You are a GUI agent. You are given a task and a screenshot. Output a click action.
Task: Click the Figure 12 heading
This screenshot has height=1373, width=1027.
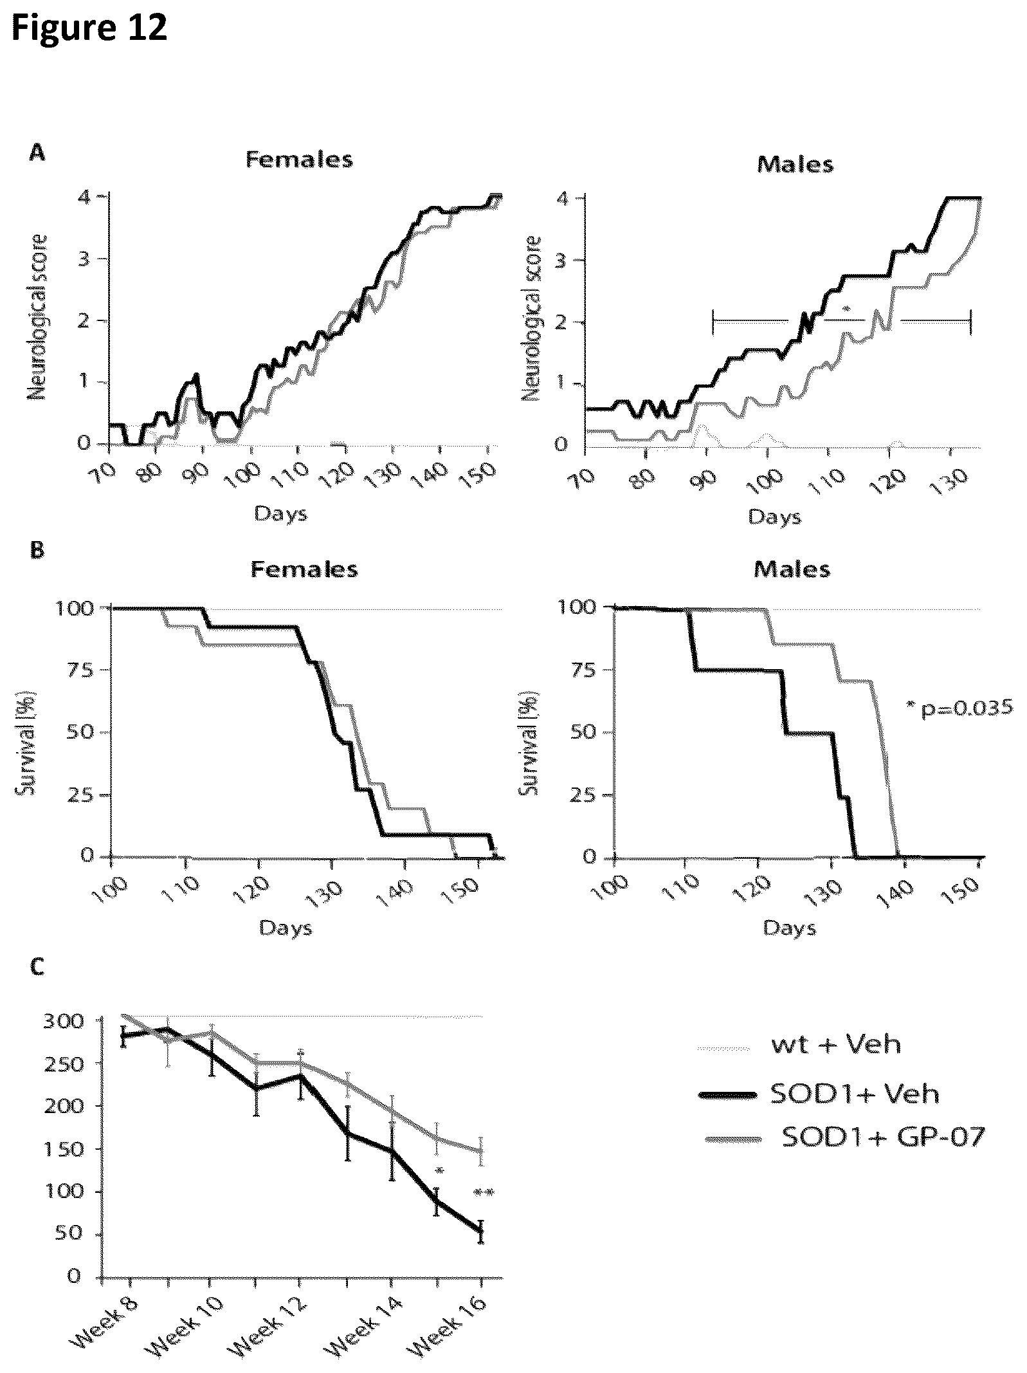click(89, 28)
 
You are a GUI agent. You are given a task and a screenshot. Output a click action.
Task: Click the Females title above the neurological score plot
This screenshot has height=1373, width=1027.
click(300, 160)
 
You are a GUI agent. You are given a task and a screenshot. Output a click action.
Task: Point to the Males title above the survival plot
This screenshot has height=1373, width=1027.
click(792, 569)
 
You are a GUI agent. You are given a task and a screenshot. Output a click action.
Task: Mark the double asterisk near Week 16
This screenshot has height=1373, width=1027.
click(483, 1193)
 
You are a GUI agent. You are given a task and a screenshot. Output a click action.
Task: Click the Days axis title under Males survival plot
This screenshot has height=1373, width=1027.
click(790, 928)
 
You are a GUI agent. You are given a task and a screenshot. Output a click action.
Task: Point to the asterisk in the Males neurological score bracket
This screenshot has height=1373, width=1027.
click(846, 311)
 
